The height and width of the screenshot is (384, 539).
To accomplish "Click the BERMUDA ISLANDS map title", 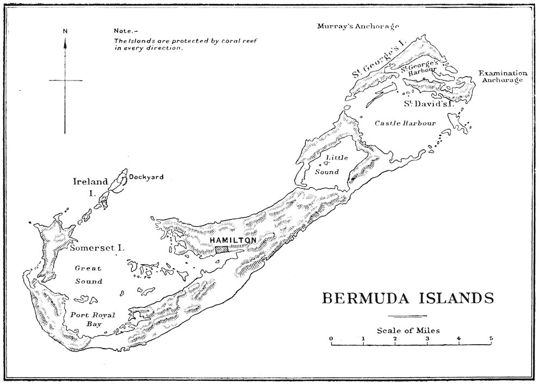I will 408,299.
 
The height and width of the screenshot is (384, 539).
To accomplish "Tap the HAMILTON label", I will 232,240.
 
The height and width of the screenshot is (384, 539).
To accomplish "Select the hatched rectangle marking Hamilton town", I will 222,249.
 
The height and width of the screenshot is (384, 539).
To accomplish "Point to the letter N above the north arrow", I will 65,31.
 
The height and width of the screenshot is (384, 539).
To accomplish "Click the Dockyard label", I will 146,177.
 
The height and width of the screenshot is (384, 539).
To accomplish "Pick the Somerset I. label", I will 97,247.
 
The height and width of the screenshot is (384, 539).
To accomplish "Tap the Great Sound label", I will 89,275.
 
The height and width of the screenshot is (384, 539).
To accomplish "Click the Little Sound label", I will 329,164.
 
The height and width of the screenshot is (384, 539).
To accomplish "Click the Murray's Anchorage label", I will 358,26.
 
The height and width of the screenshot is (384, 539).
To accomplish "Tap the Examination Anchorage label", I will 502,77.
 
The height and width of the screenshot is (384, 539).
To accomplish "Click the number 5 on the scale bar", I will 491,338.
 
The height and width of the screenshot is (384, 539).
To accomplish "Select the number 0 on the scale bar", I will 331,338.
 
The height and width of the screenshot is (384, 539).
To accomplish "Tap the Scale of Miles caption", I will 408,330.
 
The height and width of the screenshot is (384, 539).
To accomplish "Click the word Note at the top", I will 123,31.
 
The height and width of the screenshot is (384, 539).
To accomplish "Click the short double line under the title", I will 408,316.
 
